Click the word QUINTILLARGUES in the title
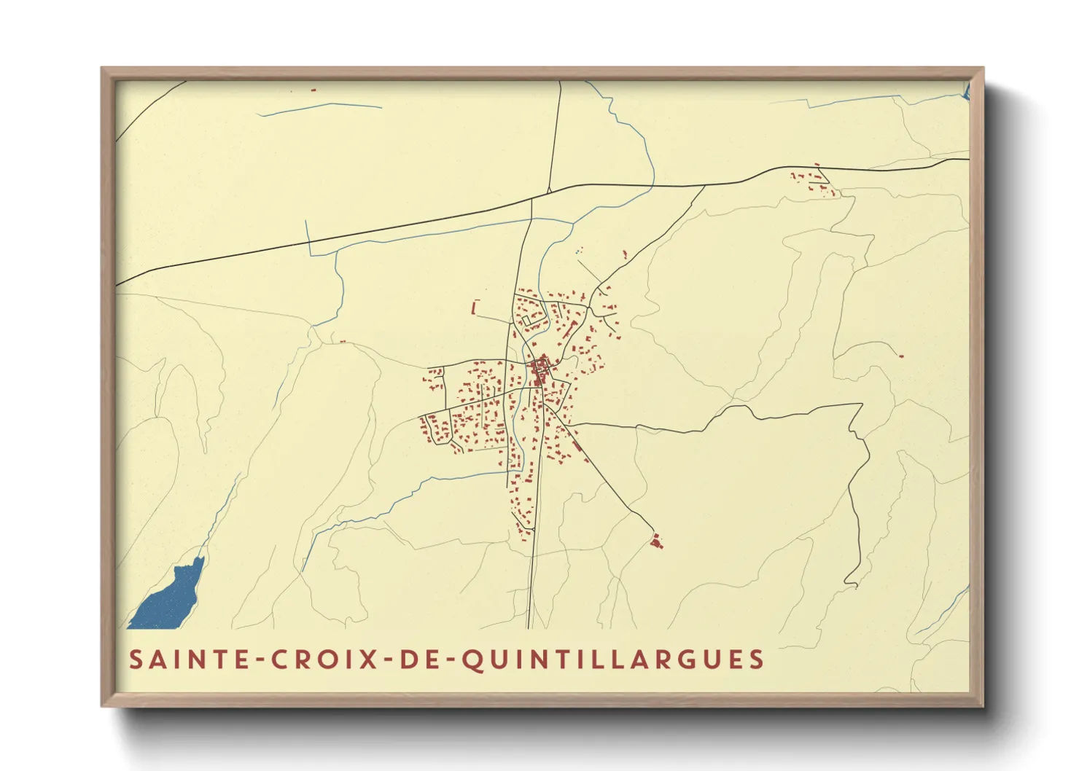[x=613, y=660]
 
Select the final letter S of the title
[x=755, y=660]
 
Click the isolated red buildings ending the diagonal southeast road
[x=656, y=541]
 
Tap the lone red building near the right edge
[x=901, y=356]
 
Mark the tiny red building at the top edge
[x=313, y=90]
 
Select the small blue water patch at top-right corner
[x=966, y=92]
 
